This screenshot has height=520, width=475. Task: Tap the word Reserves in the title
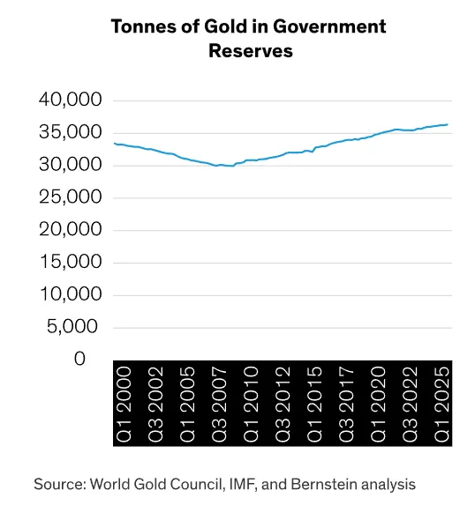click(251, 51)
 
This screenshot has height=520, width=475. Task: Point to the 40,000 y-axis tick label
click(70, 100)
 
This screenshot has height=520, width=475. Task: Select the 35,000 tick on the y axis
click(70, 132)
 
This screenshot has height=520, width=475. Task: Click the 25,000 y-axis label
click(70, 197)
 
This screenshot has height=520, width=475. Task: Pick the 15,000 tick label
click(70, 262)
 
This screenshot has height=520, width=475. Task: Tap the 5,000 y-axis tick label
click(72, 327)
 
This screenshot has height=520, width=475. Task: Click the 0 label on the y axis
click(79, 359)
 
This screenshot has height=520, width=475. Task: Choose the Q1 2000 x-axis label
click(124, 404)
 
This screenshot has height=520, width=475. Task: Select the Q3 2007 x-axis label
click(219, 404)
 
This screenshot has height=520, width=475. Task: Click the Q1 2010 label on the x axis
click(251, 404)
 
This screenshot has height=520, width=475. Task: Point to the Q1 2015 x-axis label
click(314, 404)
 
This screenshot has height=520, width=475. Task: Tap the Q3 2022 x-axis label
click(410, 404)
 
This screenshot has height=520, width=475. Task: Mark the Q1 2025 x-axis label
click(441, 404)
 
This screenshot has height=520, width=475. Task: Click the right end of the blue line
click(448, 124)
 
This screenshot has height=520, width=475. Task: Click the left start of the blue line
click(114, 144)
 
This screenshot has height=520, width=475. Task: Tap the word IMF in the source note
click(244, 484)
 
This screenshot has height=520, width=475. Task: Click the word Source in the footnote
click(60, 484)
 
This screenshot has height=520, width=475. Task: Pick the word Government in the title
click(330, 26)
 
